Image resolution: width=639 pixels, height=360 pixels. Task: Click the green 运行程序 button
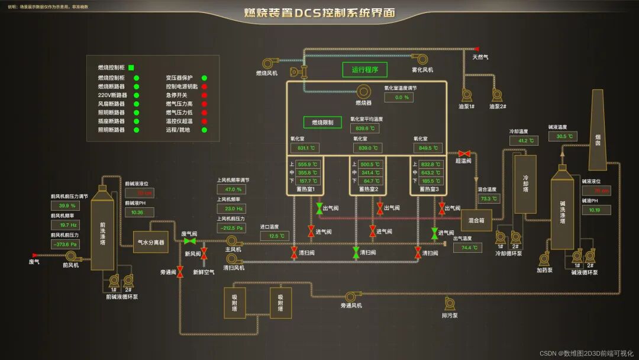pos(365,70)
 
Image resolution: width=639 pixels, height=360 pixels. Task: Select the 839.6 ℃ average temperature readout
pos(364,128)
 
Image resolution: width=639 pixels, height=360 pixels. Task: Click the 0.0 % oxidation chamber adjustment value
pos(402,97)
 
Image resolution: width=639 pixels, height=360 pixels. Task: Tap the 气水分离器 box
pos(151,242)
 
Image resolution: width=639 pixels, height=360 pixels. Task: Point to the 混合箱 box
pos(476,220)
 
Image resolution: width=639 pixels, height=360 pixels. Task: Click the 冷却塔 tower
pos(525,184)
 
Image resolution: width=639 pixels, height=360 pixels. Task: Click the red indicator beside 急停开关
pos(204,95)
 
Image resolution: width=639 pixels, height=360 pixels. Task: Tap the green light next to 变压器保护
pos(204,78)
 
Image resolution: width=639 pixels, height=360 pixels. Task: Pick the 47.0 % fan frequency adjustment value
pos(231,189)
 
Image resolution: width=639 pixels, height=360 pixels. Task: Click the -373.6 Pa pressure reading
pos(65,244)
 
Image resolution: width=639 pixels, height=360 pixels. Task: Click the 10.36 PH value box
pos(138,212)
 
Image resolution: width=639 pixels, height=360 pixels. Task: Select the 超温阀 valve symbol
pos(464,153)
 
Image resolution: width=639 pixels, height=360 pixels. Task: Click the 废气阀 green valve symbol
pos(190,242)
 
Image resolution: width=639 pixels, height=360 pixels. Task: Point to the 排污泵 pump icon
pos(450,303)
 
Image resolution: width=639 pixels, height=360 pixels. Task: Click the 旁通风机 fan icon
pos(350,296)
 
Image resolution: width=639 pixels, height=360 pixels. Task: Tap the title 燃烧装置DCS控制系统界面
pos(320,13)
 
